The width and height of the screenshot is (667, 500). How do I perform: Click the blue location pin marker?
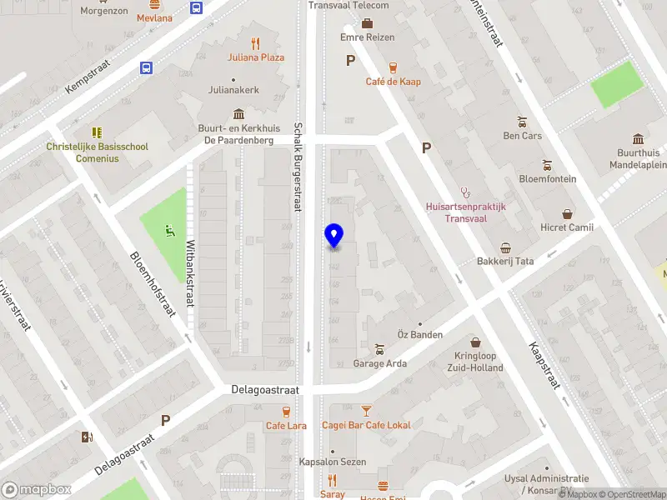tap(333, 236)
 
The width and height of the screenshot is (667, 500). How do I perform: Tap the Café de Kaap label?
tap(393, 82)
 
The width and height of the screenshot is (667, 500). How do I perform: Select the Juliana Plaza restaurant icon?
tap(256, 43)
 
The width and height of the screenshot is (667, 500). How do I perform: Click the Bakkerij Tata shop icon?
tap(505, 247)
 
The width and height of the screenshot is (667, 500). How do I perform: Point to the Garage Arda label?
tap(380, 363)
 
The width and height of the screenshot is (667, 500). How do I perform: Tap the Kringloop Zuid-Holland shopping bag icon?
tap(475, 342)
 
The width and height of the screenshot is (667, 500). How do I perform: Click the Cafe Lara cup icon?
tap(286, 412)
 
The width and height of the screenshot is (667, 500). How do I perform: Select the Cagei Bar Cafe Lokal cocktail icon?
tap(366, 411)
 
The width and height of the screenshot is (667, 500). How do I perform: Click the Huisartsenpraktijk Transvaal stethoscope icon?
tap(465, 192)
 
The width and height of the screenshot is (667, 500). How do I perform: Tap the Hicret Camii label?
tap(567, 227)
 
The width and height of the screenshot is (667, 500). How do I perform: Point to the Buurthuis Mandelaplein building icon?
tap(638, 138)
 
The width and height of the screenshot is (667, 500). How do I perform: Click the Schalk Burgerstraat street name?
tap(298, 166)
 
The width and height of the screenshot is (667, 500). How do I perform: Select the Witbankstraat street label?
tap(190, 273)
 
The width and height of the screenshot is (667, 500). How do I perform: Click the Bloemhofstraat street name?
tap(153, 284)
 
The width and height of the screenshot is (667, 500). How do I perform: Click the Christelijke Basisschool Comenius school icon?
tap(97, 132)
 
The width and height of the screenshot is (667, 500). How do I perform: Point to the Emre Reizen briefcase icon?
tap(367, 22)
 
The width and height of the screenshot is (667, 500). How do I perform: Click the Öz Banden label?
tap(419, 335)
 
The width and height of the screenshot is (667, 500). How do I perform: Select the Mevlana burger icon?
tap(154, 4)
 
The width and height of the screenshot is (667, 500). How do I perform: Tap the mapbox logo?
tap(37, 490)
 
